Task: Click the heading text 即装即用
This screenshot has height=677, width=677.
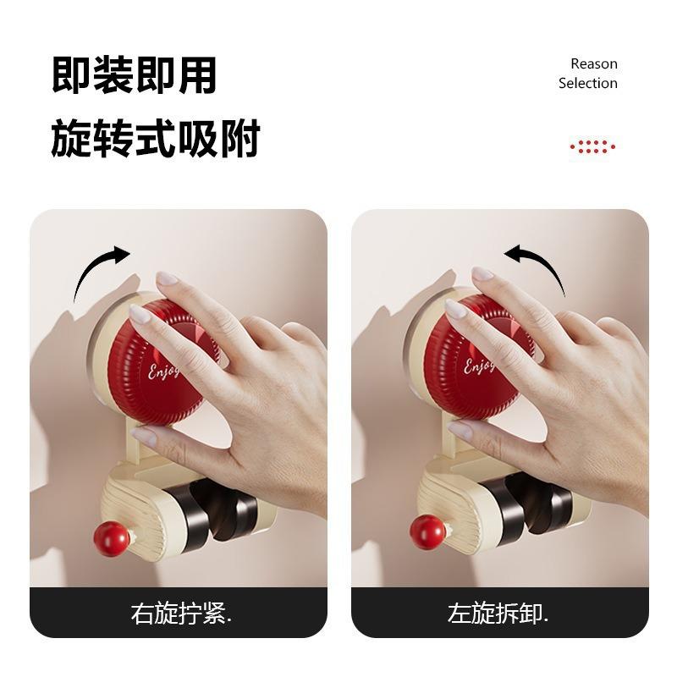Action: click(x=135, y=75)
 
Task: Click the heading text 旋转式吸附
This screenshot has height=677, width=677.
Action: click(x=156, y=138)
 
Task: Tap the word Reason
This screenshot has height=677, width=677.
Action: click(x=594, y=64)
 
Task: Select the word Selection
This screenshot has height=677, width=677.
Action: click(x=587, y=83)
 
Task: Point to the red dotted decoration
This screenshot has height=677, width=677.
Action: click(x=592, y=146)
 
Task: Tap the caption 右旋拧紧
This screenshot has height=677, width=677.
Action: click(x=181, y=613)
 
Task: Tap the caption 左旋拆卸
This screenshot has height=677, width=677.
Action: click(x=498, y=613)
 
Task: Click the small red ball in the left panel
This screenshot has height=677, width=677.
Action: click(x=112, y=538)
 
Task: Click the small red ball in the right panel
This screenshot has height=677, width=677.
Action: click(x=427, y=533)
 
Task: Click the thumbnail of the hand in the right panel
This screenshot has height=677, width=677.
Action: click(x=460, y=431)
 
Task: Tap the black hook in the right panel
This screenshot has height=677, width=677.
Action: click(x=529, y=505)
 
